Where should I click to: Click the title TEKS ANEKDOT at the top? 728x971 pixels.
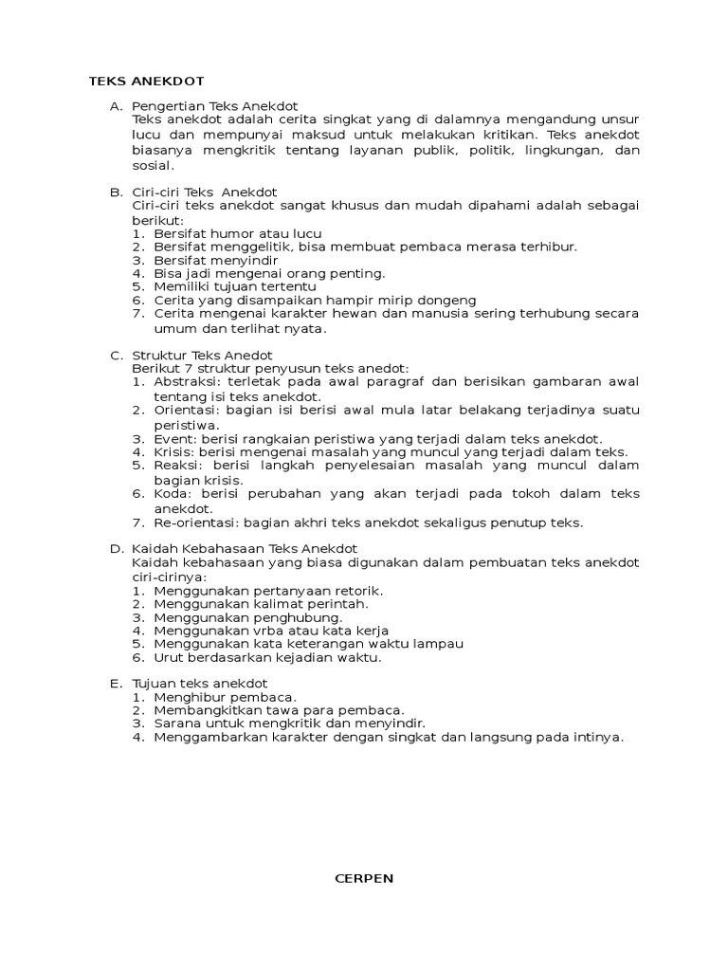coord(146,81)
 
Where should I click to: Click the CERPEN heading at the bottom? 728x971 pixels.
coord(364,878)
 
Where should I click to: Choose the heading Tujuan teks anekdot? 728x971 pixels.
coord(200,684)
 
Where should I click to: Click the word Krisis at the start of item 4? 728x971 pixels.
coord(173,452)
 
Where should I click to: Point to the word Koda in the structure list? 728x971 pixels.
coord(169,494)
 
